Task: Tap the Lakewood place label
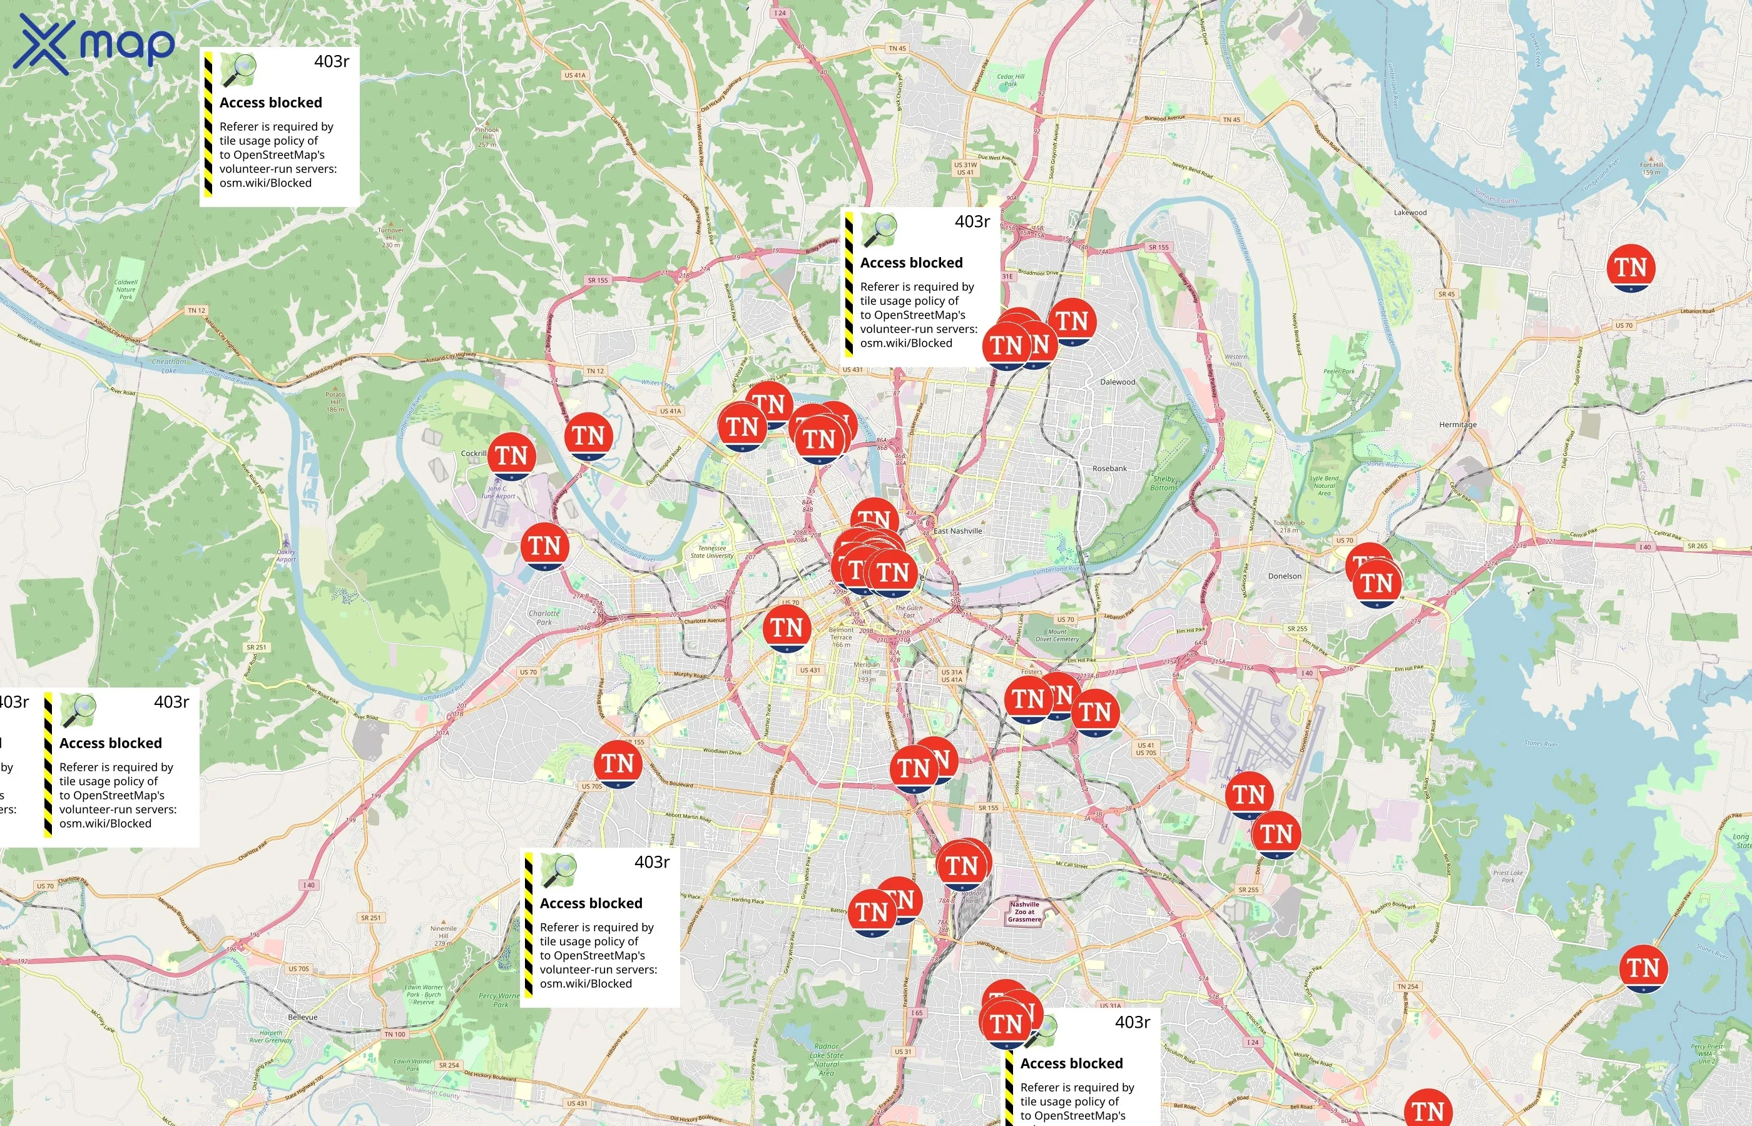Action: (x=1410, y=213)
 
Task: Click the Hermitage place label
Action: (x=1457, y=425)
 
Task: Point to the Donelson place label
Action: (x=1285, y=576)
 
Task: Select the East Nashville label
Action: (x=957, y=531)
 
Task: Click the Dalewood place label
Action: (x=1118, y=382)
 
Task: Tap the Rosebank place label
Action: (x=1109, y=469)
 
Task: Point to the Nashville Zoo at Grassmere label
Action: (x=1024, y=912)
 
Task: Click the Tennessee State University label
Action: (x=711, y=552)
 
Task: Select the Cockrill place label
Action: (x=473, y=454)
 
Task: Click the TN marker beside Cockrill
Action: (x=512, y=455)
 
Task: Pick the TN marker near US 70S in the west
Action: (x=618, y=763)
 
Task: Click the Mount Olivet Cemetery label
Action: (x=1057, y=635)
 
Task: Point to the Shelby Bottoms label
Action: (x=1163, y=484)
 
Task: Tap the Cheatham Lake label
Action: (x=169, y=365)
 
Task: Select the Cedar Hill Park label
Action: (x=1011, y=79)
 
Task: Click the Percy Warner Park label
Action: (x=499, y=1000)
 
